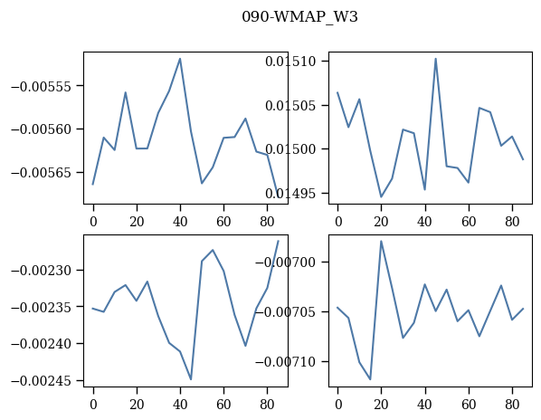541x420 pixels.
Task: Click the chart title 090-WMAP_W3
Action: click(299, 17)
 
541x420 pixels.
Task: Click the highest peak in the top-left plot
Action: click(180, 59)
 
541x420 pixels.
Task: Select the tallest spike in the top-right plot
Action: click(436, 58)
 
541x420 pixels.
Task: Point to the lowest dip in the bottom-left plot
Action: click(191, 379)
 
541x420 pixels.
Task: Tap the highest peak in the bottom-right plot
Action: click(381, 241)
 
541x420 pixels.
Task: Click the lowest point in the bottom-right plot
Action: click(371, 379)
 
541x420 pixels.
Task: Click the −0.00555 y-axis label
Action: click(43, 86)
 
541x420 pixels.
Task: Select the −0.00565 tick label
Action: click(43, 173)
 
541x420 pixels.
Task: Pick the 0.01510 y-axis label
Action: click(290, 62)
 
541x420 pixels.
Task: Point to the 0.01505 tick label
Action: click(290, 106)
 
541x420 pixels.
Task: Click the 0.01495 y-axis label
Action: click(290, 194)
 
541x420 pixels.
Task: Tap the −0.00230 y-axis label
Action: click(43, 270)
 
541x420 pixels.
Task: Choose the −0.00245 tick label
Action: click(43, 381)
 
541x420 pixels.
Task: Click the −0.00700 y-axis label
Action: click(287, 262)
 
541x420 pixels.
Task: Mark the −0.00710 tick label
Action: click(287, 362)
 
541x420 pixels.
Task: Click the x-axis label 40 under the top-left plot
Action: click(180, 221)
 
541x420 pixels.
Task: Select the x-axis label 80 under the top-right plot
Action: click(512, 221)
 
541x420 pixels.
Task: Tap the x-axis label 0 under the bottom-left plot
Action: click(93, 404)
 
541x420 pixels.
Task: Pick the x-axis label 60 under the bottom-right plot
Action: click(469, 404)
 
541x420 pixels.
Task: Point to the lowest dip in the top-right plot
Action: click(381, 197)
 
